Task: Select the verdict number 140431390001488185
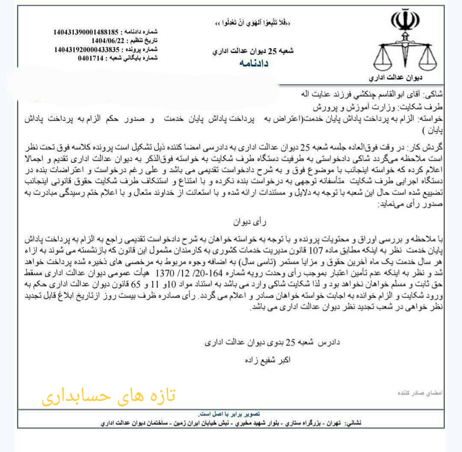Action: [x=86, y=32]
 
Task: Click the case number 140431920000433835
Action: [x=86, y=50]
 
